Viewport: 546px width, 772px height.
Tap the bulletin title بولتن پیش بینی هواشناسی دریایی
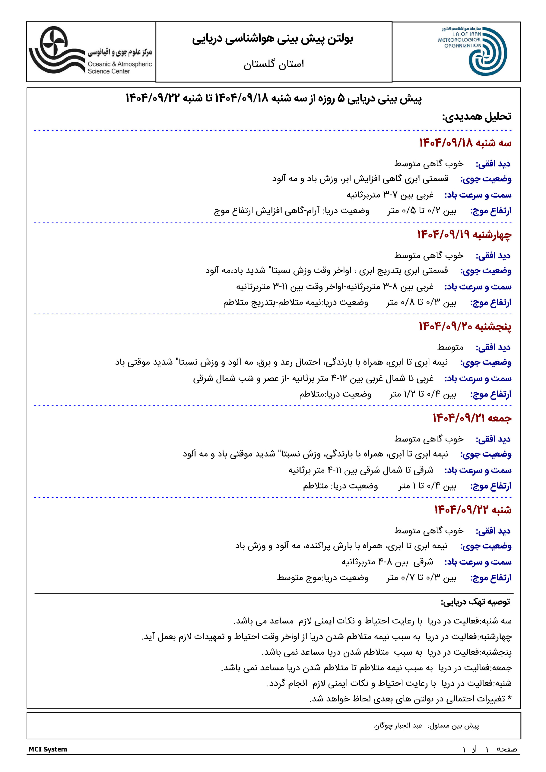tap(273, 39)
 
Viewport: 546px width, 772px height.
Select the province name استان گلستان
tap(274, 64)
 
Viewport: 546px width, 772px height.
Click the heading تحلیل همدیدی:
tap(476, 117)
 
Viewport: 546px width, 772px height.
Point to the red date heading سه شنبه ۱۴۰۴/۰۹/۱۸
tap(465, 143)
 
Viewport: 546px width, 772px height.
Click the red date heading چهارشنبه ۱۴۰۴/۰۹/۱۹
tap(464, 235)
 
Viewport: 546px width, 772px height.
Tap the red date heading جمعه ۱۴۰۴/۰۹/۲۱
tap(472, 418)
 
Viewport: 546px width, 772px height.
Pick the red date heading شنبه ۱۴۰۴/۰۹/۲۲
tap(472, 510)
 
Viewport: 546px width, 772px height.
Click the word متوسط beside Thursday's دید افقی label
tap(450, 347)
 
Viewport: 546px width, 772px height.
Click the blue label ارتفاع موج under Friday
tap(491, 486)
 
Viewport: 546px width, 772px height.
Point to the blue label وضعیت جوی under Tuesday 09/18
tap(486, 179)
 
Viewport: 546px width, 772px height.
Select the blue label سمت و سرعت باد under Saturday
tap(478, 562)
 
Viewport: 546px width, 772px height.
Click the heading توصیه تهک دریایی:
tap(475, 602)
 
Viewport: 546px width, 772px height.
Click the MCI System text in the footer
tap(48, 749)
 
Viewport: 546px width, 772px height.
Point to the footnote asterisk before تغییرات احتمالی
tap(509, 698)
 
